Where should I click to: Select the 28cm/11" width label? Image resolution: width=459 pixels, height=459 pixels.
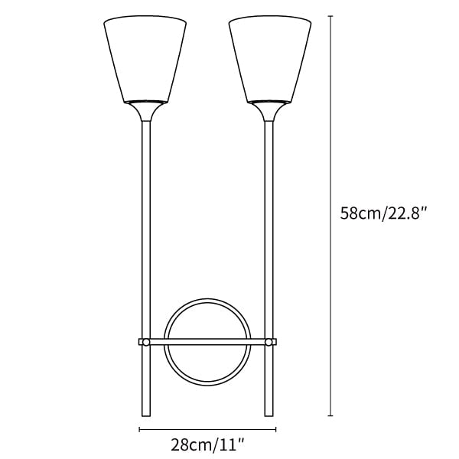207,445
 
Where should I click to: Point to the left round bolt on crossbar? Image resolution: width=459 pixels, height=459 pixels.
146,342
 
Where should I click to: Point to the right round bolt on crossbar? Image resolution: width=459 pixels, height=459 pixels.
269,342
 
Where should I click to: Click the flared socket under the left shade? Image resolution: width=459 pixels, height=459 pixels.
146,111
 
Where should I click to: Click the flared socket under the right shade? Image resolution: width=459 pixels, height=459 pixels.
269,111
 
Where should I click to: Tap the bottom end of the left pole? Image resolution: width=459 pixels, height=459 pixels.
146,415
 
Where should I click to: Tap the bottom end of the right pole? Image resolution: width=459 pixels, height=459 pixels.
269,415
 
